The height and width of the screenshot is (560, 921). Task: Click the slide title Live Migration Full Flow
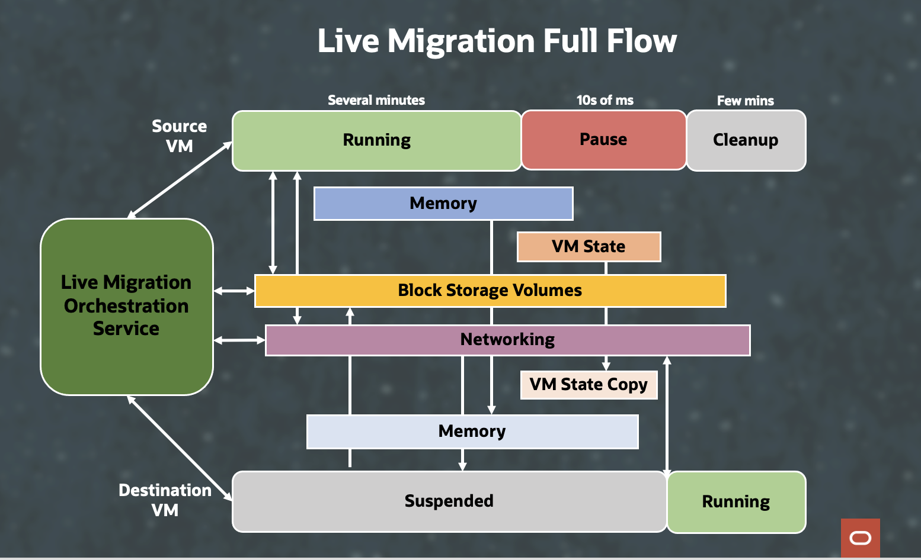pos(497,41)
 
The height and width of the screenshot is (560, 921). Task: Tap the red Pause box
pos(603,140)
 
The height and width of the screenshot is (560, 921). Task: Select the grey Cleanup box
pos(746,140)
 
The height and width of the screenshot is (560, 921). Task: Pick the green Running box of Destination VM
pos(736,502)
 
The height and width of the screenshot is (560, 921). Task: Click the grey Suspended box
pos(449,501)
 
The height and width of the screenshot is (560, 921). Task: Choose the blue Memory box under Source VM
pos(443,204)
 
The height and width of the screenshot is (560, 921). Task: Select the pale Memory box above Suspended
pos(472,432)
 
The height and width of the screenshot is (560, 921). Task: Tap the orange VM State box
pos(589,247)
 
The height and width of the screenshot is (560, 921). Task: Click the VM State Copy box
pos(589,385)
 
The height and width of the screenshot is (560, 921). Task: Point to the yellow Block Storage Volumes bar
pos(490,291)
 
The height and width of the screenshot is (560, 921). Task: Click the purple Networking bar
pos(507,340)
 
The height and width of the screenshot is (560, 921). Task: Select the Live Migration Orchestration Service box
pos(126,306)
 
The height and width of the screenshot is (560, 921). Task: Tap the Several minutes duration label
pos(376,101)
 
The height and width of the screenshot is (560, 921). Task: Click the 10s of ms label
pos(605,101)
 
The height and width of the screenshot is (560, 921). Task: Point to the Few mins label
pos(745,101)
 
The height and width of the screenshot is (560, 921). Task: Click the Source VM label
pos(179,136)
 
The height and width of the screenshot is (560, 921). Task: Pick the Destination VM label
pos(165,500)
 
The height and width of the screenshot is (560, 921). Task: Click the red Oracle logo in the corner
pos(860,538)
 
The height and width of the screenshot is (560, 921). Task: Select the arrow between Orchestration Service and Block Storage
pos(234,291)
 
